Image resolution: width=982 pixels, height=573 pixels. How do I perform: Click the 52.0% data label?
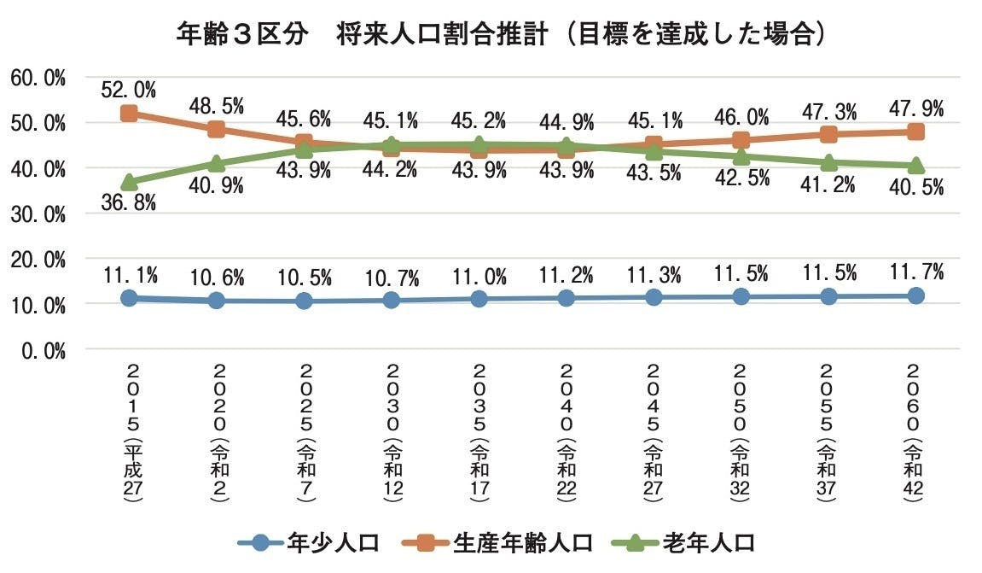(129, 88)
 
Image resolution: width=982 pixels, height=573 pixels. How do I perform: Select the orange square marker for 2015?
(129, 114)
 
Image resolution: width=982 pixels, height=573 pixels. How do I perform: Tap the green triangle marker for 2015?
(129, 182)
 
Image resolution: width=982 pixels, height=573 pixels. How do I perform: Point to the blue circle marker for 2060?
(915, 295)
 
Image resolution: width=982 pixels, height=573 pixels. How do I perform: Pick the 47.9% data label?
(915, 108)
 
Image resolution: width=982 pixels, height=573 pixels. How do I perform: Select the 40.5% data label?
(915, 187)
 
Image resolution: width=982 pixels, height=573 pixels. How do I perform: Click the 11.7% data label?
(915, 272)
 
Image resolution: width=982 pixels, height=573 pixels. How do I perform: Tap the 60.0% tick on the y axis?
(38, 79)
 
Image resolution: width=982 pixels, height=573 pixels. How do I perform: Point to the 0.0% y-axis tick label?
(42, 350)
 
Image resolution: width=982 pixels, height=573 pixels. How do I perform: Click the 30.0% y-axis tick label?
(38, 214)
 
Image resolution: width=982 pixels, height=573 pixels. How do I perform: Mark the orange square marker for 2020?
(216, 129)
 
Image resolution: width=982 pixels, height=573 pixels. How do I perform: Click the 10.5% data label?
(304, 278)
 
